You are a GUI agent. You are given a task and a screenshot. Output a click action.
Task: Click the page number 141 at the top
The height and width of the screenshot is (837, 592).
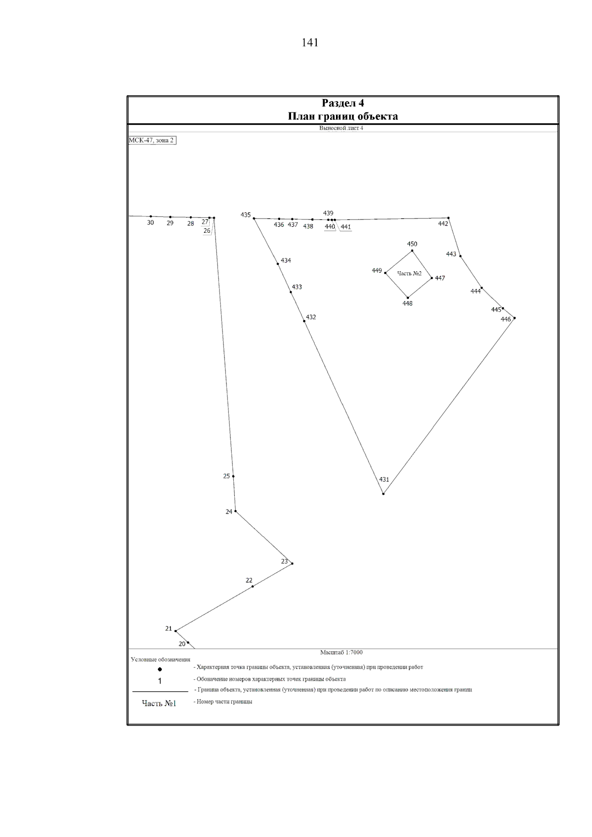point(310,43)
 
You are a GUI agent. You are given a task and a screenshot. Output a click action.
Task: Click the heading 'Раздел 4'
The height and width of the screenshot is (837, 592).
point(343,103)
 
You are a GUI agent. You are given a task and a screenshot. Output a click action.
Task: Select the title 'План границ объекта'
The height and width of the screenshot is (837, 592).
point(343,116)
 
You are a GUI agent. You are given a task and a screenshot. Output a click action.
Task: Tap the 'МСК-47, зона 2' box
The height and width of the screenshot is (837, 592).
point(151,141)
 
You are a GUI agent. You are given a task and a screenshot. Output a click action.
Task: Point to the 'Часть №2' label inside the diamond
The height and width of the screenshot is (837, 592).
point(409,274)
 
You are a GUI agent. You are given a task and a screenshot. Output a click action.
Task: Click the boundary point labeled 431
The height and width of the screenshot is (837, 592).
point(383,493)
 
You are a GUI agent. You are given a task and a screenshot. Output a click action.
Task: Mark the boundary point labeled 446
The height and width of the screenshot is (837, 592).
point(514,318)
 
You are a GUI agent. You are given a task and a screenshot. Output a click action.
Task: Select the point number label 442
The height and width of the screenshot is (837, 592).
point(443,224)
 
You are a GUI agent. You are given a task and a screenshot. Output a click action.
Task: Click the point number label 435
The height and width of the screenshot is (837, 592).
point(246,215)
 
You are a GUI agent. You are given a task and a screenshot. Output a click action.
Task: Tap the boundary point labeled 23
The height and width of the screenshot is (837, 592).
point(292,563)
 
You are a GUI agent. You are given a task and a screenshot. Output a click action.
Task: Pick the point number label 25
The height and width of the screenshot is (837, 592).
point(226,476)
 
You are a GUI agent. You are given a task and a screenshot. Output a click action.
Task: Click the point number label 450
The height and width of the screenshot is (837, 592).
point(412,244)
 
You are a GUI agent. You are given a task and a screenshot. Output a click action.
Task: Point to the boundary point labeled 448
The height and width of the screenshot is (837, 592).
point(407,297)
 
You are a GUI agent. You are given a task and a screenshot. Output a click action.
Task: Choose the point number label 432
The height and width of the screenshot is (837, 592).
point(311,318)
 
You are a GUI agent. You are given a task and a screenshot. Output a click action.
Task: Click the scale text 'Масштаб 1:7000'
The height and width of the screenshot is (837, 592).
point(341,653)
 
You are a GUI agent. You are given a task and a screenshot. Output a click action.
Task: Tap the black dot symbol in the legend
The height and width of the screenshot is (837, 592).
point(160,669)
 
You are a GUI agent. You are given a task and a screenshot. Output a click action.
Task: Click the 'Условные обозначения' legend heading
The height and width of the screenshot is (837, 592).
point(160,659)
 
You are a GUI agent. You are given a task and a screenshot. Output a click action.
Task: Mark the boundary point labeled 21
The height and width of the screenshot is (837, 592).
point(176,631)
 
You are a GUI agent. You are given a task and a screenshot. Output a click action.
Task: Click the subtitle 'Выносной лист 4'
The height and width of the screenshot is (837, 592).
point(341,128)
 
